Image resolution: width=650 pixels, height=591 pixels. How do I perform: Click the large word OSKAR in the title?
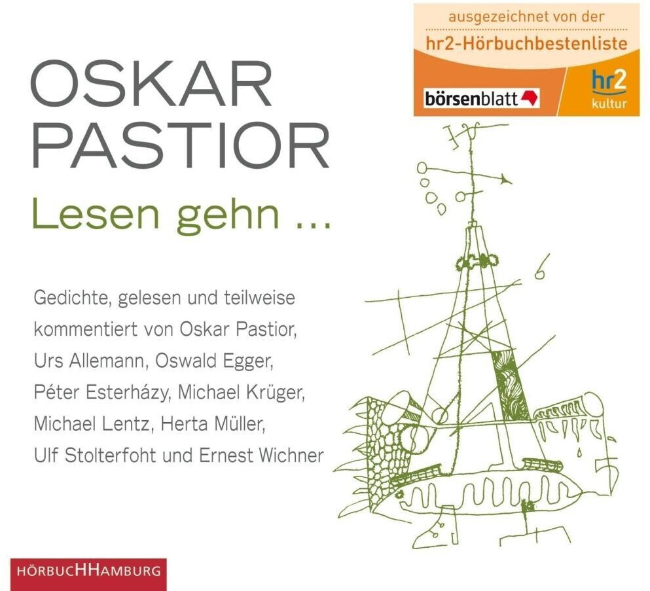pyautogui.click(x=151, y=85)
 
